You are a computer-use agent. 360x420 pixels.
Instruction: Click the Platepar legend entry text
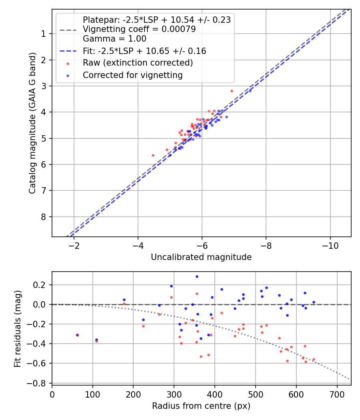point(156,20)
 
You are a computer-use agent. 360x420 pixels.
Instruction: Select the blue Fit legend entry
point(144,51)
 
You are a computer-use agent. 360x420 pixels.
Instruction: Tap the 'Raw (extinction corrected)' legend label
point(138,63)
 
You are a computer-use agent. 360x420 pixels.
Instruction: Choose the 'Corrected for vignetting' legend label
point(132,75)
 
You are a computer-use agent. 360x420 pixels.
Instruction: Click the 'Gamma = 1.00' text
point(114,39)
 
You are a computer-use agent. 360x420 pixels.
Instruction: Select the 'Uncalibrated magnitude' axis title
point(201,257)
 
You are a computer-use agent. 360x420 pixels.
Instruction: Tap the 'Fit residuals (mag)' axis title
point(18,329)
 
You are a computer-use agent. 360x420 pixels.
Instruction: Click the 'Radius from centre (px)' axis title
point(201,406)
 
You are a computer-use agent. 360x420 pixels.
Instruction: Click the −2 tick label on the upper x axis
point(74,245)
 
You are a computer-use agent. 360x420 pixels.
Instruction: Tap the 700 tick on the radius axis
point(337,394)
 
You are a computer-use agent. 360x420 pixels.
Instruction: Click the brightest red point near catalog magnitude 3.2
point(232,91)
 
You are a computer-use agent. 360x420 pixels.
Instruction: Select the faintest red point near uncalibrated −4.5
point(153,155)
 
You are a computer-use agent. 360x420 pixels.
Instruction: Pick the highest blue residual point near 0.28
point(197,276)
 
